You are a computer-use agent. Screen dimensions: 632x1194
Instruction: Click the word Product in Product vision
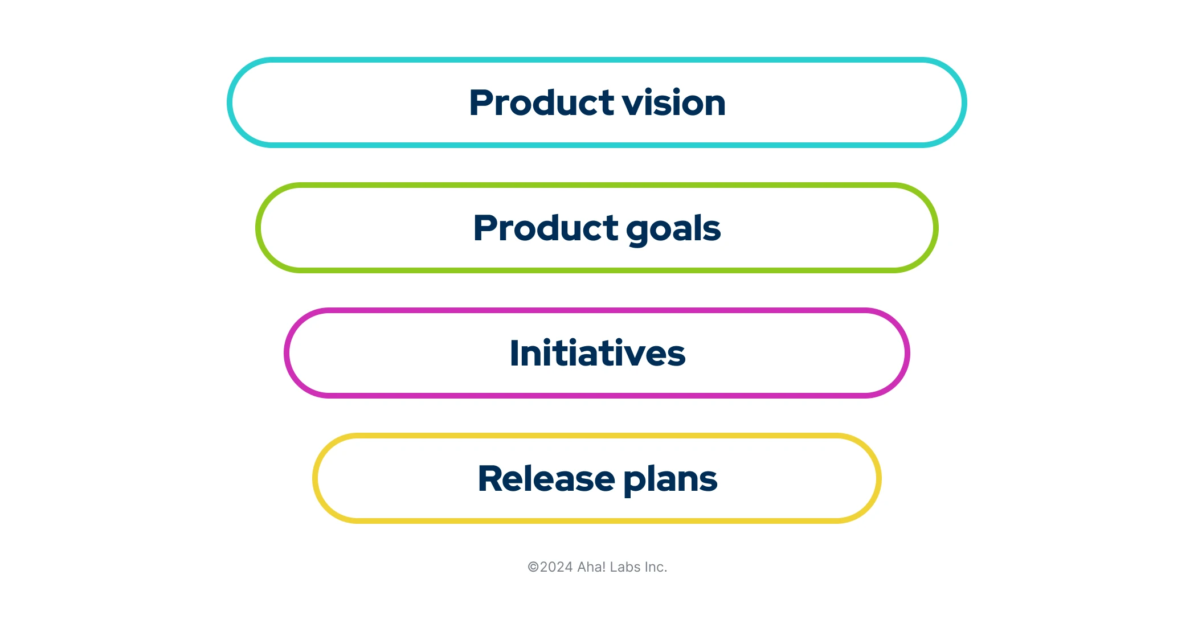pos(541,103)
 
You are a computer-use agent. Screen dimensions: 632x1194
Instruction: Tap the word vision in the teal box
pos(673,103)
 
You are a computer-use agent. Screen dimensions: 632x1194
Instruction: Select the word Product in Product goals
pos(545,228)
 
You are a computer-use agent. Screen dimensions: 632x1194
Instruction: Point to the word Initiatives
pos(597,354)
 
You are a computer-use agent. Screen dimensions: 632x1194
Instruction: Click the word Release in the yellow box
pos(546,479)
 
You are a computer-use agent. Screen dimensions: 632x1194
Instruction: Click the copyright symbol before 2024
pos(533,567)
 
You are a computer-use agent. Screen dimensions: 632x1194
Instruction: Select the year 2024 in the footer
pos(556,567)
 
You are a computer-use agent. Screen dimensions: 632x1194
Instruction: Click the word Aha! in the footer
pos(591,567)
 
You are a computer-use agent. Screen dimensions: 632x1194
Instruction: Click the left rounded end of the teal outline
pos(230,102)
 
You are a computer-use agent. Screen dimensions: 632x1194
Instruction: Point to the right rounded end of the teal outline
pos(964,102)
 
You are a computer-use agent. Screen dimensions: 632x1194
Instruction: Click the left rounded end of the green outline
pos(259,228)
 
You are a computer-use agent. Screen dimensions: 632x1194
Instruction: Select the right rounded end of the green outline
pos(935,228)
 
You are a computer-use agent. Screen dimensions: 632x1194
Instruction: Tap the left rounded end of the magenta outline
pos(287,353)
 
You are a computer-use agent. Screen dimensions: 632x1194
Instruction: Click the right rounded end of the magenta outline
pos(907,353)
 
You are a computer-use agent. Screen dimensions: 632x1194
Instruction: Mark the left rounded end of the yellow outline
pos(316,478)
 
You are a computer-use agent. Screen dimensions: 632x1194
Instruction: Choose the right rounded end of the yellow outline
pos(878,478)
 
